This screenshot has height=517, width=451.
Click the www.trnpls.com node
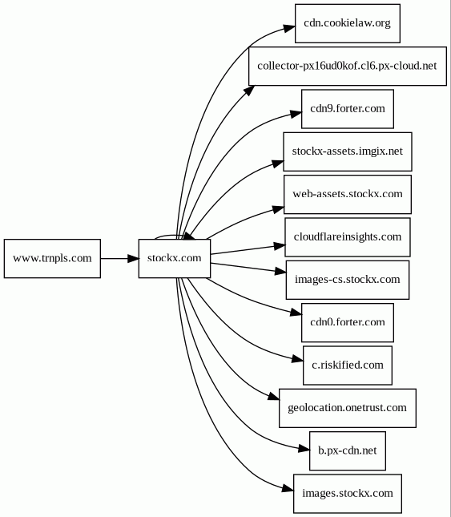coord(52,258)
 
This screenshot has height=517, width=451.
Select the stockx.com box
coord(175,258)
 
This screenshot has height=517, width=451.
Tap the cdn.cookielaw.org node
coord(348,23)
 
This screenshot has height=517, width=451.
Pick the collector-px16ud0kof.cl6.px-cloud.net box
coord(348,67)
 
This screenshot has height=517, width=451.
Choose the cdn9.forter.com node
coord(348,109)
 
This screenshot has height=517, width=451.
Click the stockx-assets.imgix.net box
coord(348,151)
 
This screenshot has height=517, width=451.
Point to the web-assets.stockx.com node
coord(348,195)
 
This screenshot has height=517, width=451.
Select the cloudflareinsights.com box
coord(348,237)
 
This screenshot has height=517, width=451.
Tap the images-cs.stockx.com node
coord(348,280)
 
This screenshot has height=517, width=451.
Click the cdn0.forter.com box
coord(348,323)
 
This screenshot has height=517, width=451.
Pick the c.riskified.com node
coord(348,366)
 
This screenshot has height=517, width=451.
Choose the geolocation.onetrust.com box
coord(348,408)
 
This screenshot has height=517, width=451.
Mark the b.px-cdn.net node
coord(348,450)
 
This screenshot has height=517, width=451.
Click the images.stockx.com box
coord(348,494)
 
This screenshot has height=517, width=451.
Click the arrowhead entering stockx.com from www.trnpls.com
coord(133,258)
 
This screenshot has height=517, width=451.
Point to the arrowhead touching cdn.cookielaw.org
coord(289,28)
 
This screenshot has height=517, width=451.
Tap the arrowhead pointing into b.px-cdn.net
coord(304,448)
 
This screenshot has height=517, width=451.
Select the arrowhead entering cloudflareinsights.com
coord(280,246)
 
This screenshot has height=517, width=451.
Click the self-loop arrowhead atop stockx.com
coord(189,236)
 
